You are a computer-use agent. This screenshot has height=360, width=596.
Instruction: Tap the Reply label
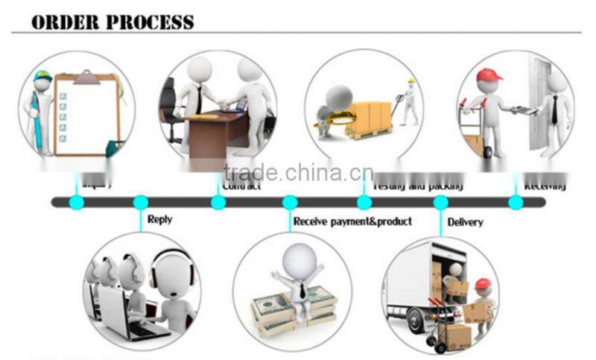click(159, 219)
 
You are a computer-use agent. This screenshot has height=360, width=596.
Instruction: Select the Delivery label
click(465, 221)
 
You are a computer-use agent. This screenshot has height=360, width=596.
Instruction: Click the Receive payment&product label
click(352, 221)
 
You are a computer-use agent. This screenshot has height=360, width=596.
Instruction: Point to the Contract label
click(242, 185)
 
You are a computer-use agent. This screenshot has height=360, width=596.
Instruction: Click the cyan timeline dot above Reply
click(140, 202)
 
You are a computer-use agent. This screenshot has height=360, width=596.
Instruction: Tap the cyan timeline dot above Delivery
click(440, 202)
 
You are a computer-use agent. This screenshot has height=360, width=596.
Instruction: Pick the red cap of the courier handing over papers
click(488, 75)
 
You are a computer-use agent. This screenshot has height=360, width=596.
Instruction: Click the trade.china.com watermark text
click(298, 173)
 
